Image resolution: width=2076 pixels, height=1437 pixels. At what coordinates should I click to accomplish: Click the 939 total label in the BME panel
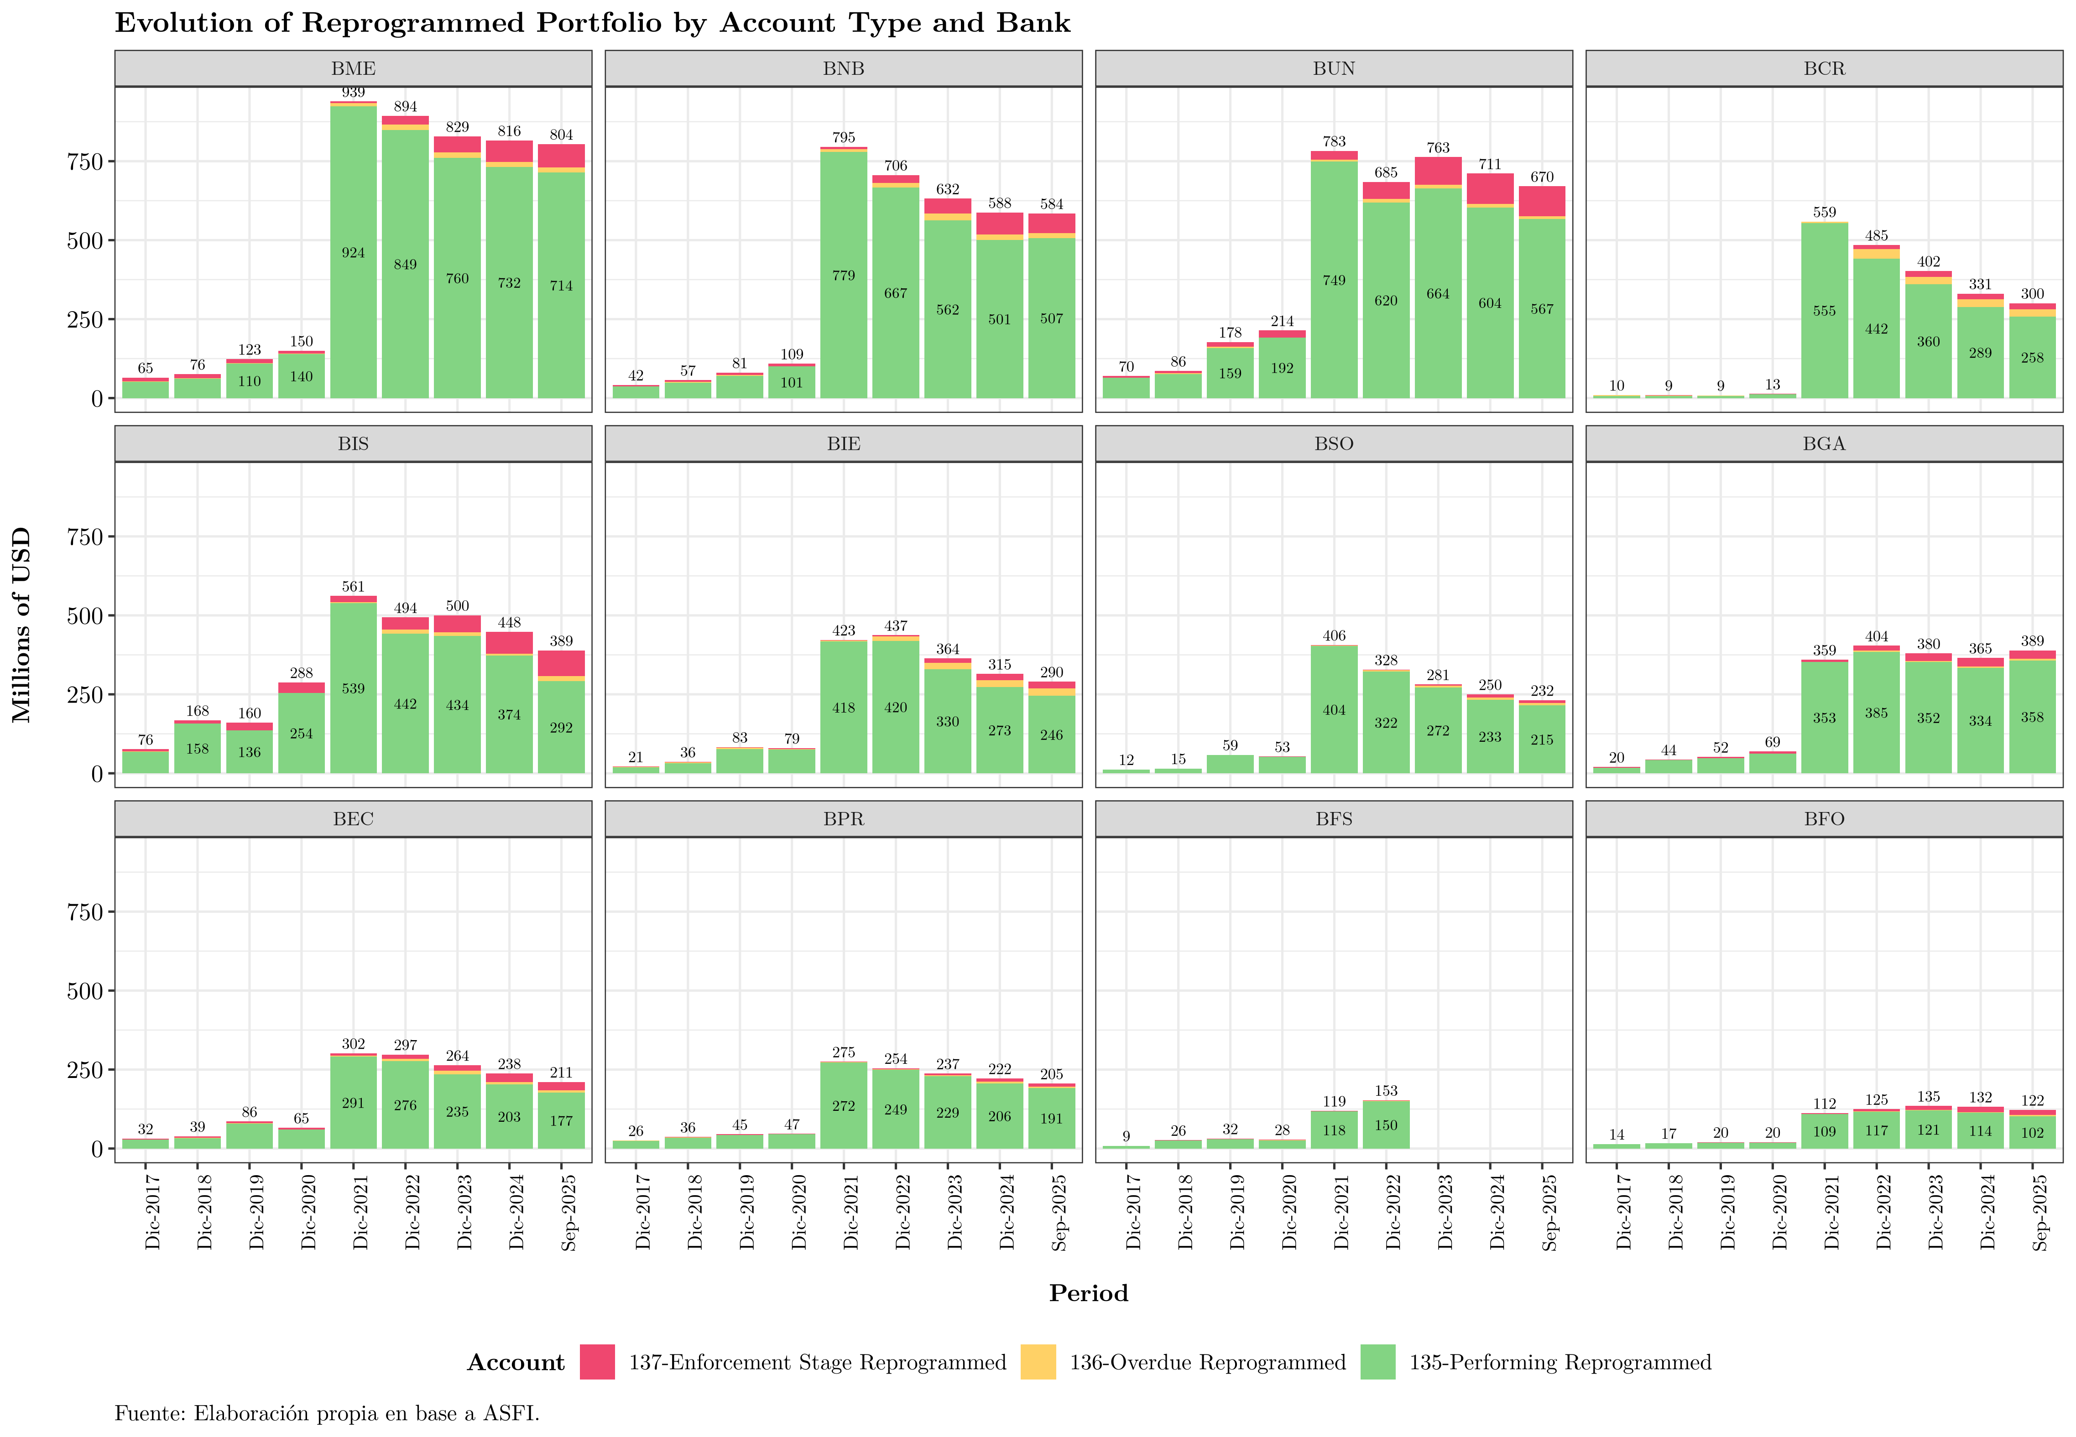coord(353,93)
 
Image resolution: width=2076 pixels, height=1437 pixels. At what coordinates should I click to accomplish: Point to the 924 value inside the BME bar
coord(353,253)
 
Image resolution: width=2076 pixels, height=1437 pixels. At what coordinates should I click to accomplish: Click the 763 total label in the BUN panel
coord(1438,148)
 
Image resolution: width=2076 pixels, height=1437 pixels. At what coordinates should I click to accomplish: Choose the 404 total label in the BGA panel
coord(1876,636)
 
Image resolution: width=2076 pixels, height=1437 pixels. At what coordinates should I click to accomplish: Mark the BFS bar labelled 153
coord(1386,1125)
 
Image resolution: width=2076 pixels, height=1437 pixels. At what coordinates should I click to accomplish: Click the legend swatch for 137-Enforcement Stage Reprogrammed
coord(597,1362)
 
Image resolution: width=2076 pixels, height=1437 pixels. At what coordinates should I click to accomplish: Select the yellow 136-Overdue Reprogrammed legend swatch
coord(1038,1362)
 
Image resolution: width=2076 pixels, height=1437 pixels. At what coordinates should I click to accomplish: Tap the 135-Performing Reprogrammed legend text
coord(1559,1362)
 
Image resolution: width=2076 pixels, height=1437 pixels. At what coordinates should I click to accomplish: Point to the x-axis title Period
coord(1088,1294)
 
